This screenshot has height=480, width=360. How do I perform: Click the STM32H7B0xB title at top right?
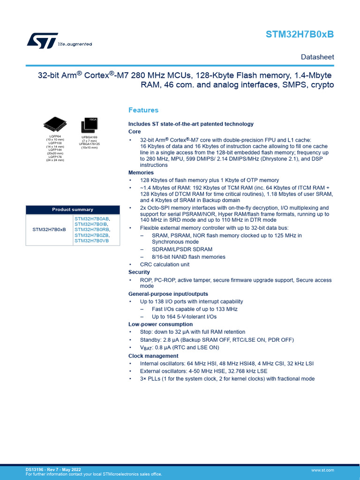[300, 35]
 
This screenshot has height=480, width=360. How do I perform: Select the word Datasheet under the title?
[317, 57]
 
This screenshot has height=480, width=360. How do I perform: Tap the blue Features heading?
[143, 110]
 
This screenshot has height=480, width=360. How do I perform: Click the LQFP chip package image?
[54, 124]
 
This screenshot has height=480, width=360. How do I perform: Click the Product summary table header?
[73, 210]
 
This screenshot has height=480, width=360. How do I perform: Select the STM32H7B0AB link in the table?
[91, 218]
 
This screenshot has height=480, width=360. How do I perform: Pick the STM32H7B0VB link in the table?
[91, 240]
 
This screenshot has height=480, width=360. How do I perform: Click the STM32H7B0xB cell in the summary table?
[49, 230]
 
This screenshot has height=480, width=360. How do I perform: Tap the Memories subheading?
[141, 172]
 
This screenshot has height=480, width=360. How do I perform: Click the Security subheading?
[139, 272]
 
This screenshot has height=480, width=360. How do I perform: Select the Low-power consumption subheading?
[161, 324]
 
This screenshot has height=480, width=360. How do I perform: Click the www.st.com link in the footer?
[322, 470]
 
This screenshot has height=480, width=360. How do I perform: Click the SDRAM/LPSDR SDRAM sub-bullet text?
[182, 249]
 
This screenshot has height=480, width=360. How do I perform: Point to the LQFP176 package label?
[55, 157]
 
